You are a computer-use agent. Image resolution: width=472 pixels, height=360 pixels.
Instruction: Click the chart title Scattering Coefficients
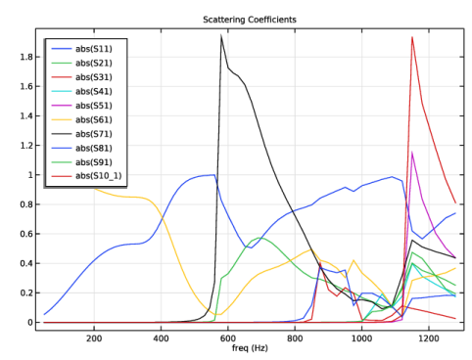(250, 20)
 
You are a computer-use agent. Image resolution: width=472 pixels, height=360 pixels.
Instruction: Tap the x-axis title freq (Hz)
(250, 348)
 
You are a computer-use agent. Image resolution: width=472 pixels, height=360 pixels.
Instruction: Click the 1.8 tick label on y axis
(26, 57)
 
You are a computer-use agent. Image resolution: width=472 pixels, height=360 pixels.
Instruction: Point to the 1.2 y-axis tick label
(26, 146)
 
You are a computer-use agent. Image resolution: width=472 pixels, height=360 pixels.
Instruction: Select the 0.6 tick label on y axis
(26, 234)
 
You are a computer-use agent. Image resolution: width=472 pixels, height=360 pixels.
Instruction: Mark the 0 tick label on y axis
(30, 322)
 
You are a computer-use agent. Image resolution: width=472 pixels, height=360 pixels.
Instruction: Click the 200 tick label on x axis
(94, 338)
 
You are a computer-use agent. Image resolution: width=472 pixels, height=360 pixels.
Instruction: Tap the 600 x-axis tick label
(228, 338)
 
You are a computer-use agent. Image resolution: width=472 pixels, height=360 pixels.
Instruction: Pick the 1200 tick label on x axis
(429, 338)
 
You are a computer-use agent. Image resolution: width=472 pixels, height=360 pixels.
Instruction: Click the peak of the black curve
(221, 35)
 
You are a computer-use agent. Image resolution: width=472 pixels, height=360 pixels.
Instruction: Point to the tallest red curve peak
(412, 37)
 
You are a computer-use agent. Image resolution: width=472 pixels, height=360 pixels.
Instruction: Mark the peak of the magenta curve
(412, 152)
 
